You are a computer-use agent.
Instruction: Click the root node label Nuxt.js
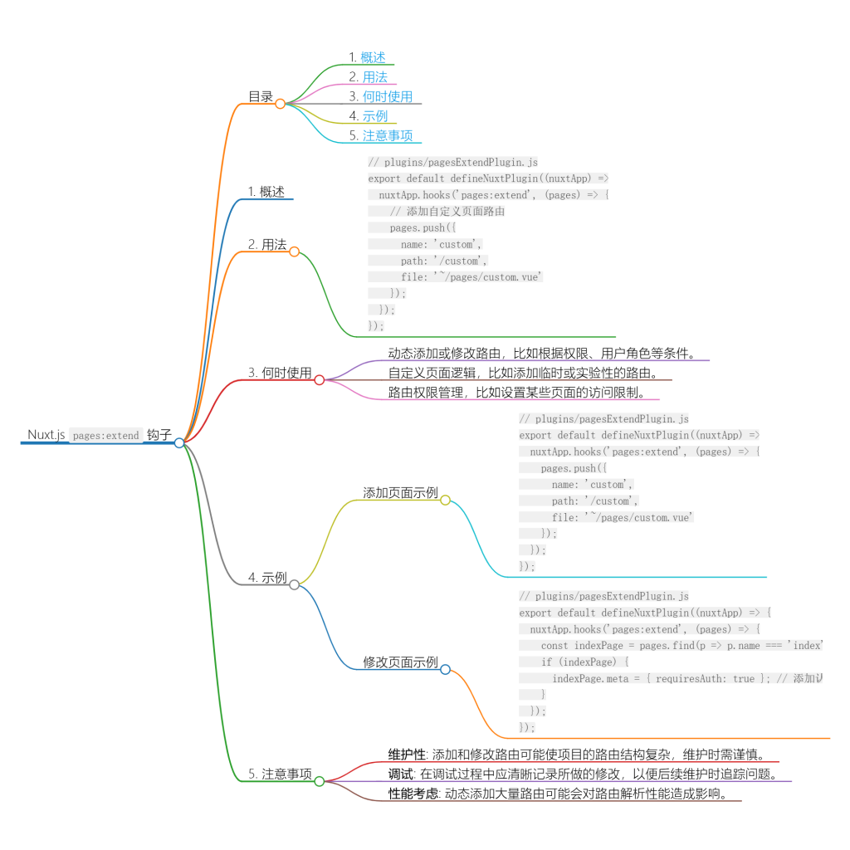click(x=46, y=435)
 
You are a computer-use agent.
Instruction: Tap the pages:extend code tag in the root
click(x=105, y=436)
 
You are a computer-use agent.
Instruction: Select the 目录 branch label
click(x=261, y=96)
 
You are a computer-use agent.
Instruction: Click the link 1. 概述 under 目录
click(x=367, y=57)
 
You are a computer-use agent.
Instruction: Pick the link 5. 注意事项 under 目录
click(x=381, y=135)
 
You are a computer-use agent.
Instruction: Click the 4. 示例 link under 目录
click(x=369, y=116)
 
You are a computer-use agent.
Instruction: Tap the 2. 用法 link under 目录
click(x=369, y=77)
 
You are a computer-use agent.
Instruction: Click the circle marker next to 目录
click(x=281, y=104)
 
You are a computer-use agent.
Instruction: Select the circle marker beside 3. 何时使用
click(x=319, y=379)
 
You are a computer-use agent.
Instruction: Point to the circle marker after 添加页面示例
click(x=445, y=501)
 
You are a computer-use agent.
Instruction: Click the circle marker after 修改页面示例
click(x=445, y=669)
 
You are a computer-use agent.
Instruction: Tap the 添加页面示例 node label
click(x=400, y=492)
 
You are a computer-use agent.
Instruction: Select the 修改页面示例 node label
click(x=400, y=662)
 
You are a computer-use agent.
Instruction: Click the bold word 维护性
click(x=407, y=755)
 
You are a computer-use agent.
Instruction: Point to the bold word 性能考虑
click(x=413, y=794)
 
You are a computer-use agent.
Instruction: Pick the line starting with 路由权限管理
click(x=516, y=393)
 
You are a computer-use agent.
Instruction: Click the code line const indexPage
click(x=681, y=646)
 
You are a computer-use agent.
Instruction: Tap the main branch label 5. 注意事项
click(x=280, y=774)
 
